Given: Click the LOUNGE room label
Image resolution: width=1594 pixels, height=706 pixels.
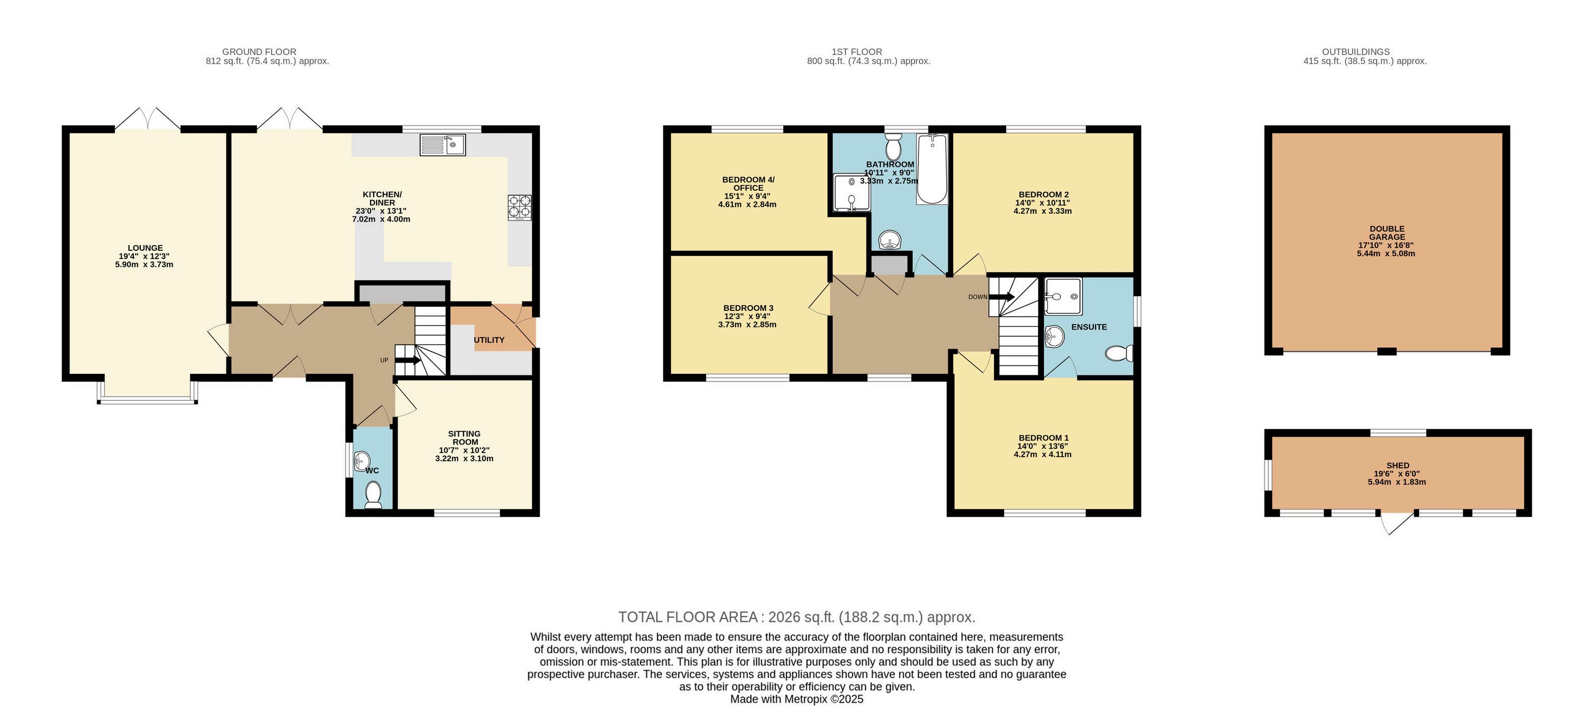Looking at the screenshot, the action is pos(145,248).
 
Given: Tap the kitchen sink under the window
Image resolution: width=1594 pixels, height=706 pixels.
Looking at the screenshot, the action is pos(442,145).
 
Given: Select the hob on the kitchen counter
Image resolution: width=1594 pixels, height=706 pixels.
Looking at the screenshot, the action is pos(520,208).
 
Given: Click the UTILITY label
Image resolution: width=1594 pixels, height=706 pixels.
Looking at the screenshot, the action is pos(489,340).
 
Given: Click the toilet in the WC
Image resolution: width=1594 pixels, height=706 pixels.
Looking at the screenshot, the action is pos(373,495).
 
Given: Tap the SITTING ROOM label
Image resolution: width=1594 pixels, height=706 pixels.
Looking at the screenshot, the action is pos(465,438).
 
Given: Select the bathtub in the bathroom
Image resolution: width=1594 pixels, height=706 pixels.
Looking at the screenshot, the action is pos(932,170).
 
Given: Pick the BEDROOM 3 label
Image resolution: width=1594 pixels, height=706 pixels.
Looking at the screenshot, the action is pos(748,308).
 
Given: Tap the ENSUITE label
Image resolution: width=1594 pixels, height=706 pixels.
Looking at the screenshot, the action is pos(1089,327).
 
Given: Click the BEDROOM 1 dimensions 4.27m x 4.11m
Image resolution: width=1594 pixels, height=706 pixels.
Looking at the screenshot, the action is pos(1043,454).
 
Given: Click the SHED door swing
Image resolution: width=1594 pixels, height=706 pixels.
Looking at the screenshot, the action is pos(1397,523).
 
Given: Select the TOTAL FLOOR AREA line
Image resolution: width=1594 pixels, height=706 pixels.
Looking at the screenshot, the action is pos(797,617).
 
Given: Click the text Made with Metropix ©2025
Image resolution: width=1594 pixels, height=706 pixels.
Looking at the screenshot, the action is pos(797,699).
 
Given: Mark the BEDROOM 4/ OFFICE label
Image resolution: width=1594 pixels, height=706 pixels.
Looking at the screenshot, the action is pos(748,184).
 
